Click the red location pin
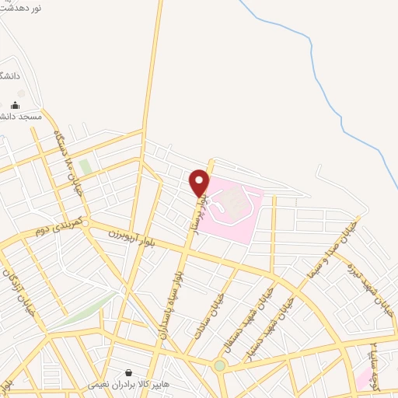200,182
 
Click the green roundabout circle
220,365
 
